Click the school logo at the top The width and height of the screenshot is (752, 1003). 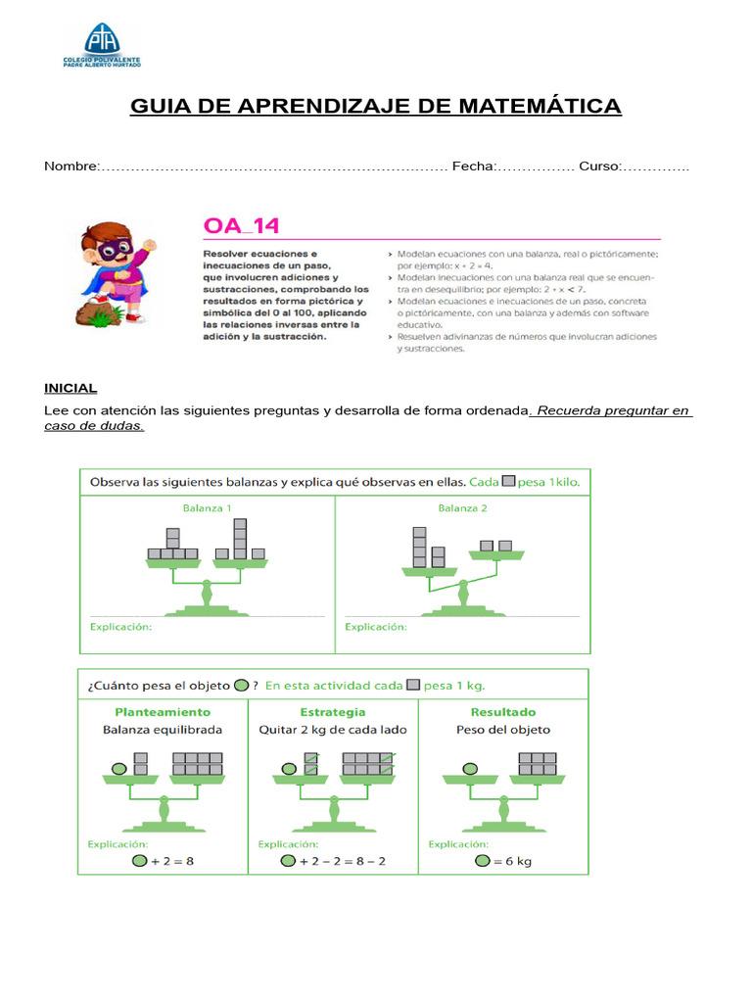102,45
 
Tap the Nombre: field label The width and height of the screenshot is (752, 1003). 71,167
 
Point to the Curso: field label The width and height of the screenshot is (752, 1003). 599,167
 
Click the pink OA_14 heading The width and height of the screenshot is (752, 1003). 241,226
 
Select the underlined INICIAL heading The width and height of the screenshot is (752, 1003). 70,389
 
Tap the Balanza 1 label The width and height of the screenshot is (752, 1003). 207,508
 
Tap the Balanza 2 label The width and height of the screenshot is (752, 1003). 462,508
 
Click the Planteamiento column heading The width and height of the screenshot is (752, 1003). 163,712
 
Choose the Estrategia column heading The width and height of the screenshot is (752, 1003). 333,712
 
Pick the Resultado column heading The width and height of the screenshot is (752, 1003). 503,712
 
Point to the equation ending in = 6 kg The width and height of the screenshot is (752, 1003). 503,861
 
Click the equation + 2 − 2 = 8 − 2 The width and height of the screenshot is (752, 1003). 333,861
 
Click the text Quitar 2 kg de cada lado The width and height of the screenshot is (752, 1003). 333,730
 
